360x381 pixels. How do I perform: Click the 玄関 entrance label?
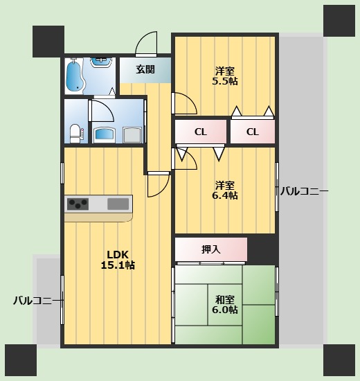(145, 69)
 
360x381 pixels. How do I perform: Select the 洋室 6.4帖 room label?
(224, 190)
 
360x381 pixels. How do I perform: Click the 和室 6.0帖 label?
(225, 305)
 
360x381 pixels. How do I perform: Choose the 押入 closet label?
(210, 249)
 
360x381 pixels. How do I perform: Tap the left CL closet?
(200, 132)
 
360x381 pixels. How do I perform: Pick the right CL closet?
(253, 132)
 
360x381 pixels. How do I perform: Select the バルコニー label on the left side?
(33, 301)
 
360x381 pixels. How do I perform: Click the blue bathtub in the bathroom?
(73, 76)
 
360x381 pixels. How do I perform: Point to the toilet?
(75, 131)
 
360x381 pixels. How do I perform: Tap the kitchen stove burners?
(78, 204)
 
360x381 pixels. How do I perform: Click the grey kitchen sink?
(118, 204)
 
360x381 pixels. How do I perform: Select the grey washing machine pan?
(132, 133)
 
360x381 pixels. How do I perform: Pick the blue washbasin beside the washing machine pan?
(104, 133)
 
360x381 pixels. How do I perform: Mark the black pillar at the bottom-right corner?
(339, 360)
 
